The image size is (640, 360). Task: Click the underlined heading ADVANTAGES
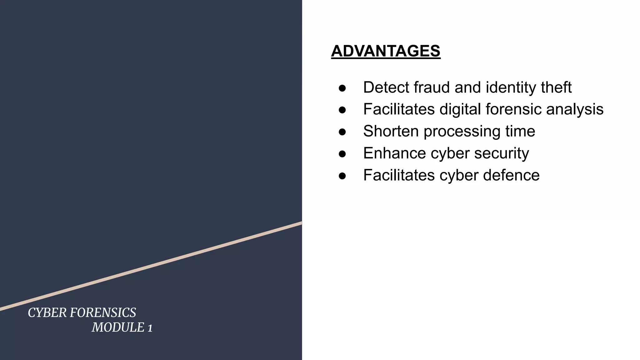pos(386,51)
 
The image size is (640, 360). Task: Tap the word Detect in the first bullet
pos(385,87)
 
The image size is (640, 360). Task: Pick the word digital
pos(460,110)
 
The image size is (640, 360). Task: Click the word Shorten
pos(391,131)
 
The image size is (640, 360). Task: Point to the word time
pos(520,131)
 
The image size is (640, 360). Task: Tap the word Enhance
pos(394,153)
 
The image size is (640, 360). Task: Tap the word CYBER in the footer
pos(47,313)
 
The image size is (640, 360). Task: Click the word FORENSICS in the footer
pos(103,313)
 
